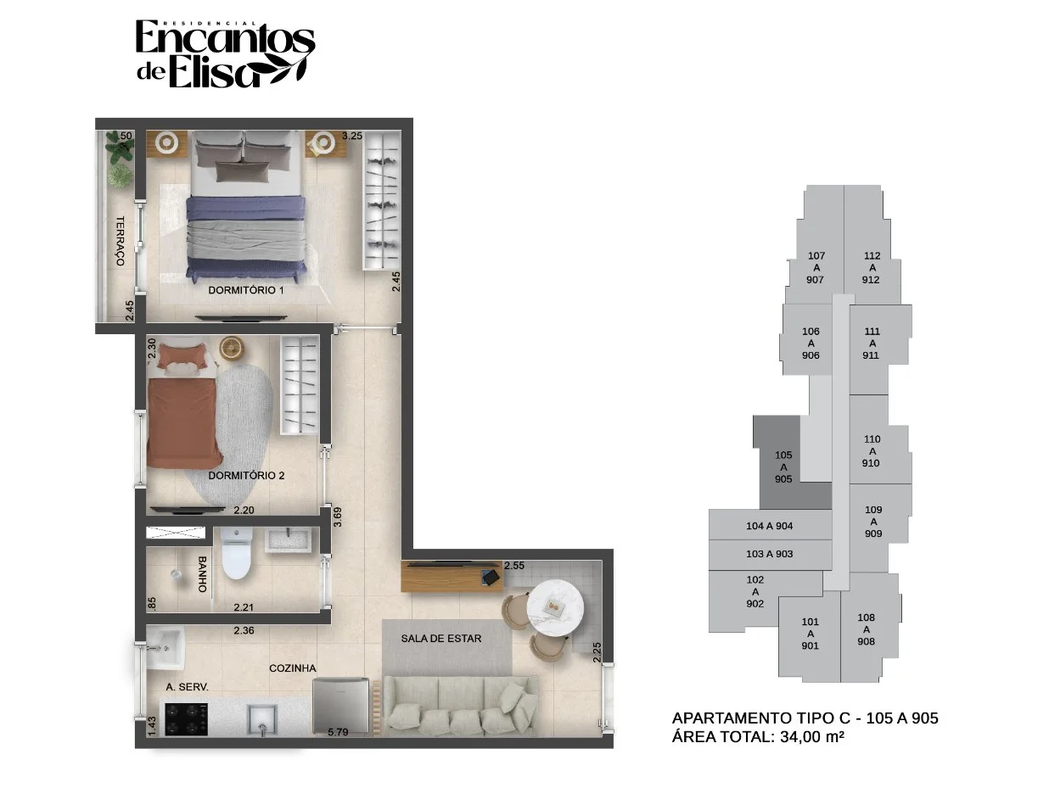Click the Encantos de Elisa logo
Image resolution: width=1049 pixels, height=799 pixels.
coord(225,54)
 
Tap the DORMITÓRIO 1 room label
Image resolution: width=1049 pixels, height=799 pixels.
coord(246,290)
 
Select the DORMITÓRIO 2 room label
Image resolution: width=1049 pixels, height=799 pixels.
coord(246,475)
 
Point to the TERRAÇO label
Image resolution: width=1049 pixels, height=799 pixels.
coord(120,241)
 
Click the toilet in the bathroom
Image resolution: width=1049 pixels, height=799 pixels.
coord(237,553)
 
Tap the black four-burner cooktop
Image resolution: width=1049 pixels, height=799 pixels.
coord(187,718)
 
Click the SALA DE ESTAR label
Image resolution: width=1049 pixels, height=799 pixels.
coord(441,639)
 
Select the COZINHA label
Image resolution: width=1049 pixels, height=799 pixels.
coord(293,668)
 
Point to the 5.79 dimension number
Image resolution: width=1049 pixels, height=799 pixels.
coord(338,732)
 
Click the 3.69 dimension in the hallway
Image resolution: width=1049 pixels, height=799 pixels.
coord(338,517)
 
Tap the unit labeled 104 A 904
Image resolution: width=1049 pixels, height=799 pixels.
coord(770,525)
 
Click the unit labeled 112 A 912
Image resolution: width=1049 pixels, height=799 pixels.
coord(871,267)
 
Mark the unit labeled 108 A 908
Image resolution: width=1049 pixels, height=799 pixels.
coord(866,629)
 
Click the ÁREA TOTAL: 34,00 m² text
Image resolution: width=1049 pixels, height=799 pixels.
coord(758,737)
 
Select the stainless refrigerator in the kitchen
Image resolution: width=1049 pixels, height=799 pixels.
coord(340,706)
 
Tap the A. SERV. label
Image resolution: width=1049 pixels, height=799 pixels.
coord(187,687)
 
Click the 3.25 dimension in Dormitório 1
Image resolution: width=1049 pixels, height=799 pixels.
coord(351,136)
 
